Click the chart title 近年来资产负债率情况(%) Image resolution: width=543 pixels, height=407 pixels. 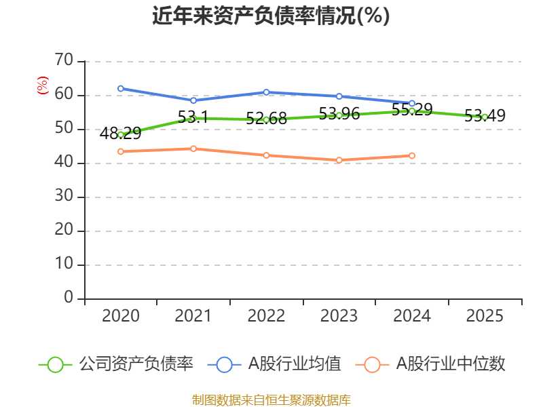point(271,16)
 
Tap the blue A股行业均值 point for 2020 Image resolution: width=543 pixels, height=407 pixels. point(121,88)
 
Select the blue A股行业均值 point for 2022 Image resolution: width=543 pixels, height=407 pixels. point(266,92)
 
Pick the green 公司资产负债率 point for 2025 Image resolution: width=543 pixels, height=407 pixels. point(485,117)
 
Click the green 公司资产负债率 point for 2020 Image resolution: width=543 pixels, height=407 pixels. point(121,134)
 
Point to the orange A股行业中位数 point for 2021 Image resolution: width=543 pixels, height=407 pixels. point(193,149)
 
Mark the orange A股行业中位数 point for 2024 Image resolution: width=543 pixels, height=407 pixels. point(412,156)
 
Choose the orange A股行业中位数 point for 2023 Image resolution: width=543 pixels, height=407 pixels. point(339,160)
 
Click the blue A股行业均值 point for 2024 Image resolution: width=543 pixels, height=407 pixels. point(412,103)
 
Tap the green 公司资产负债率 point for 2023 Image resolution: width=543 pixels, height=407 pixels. point(339,115)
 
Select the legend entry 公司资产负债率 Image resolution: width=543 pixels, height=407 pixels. point(116,364)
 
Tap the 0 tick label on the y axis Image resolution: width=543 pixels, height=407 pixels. point(69,298)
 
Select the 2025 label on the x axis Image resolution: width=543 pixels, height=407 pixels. point(485,316)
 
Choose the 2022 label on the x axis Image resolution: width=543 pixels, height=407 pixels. point(266,316)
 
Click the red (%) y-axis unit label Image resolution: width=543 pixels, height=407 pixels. point(43,85)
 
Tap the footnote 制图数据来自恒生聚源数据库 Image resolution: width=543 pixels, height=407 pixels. point(271,400)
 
